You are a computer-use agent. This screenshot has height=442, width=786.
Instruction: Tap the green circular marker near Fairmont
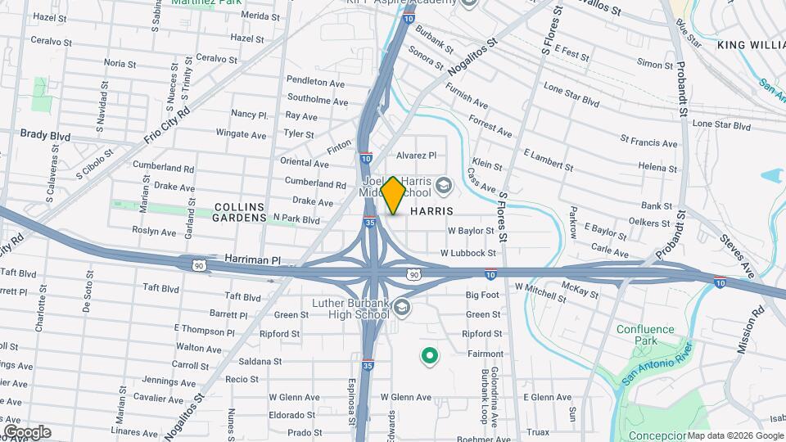coord(428,356)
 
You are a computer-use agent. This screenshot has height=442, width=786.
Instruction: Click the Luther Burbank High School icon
coord(401,308)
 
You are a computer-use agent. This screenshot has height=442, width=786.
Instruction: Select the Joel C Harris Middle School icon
coord(444,185)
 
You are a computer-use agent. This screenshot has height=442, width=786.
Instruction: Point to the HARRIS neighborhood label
coord(431,211)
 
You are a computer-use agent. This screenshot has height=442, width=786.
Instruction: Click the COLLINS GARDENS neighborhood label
coord(241,213)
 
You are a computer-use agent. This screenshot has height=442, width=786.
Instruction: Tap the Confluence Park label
coord(645,335)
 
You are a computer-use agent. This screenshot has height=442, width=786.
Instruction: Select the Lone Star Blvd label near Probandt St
coord(721,125)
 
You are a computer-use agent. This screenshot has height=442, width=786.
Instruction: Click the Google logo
coord(26,432)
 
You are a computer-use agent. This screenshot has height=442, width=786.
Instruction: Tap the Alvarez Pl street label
coord(416,155)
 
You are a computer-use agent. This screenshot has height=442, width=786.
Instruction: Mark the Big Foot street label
coord(482,295)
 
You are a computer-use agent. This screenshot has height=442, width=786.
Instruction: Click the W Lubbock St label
coord(468,254)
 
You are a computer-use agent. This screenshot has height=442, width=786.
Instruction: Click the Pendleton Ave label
coord(315,83)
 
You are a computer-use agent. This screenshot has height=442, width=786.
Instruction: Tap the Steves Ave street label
coord(738,255)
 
